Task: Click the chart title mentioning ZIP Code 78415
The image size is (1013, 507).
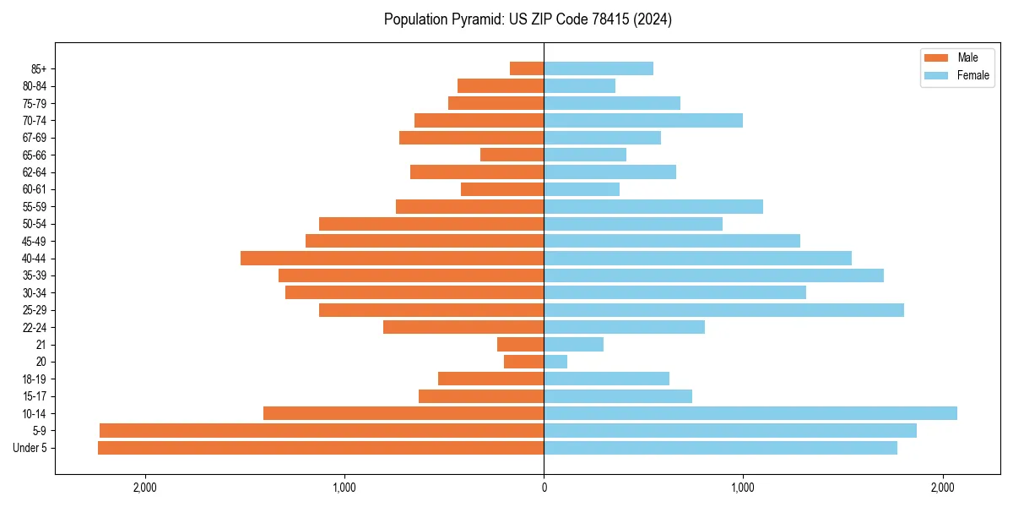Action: click(528, 19)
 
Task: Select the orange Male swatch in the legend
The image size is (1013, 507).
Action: click(936, 57)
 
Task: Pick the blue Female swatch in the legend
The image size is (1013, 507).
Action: click(936, 75)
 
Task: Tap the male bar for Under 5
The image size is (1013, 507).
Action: click(321, 448)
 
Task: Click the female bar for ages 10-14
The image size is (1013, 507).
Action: click(750, 413)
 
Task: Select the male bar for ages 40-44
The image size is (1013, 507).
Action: click(393, 258)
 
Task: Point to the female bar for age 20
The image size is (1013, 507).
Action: click(555, 362)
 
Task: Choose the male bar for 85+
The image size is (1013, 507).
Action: click(527, 68)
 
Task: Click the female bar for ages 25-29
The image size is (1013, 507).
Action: click(723, 310)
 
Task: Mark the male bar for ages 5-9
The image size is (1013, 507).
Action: click(322, 430)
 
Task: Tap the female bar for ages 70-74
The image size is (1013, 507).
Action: click(643, 120)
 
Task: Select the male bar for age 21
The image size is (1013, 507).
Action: click(521, 344)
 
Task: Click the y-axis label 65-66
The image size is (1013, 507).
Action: click(35, 155)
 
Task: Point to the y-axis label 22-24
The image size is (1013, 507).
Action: click(35, 328)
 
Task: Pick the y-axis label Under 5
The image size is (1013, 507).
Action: click(30, 448)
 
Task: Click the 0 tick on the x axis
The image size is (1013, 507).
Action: click(544, 488)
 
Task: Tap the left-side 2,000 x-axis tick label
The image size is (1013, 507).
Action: click(145, 488)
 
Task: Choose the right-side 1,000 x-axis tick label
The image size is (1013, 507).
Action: click(743, 488)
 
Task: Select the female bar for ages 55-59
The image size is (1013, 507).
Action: click(653, 206)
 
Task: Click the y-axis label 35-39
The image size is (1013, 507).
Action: click(35, 275)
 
